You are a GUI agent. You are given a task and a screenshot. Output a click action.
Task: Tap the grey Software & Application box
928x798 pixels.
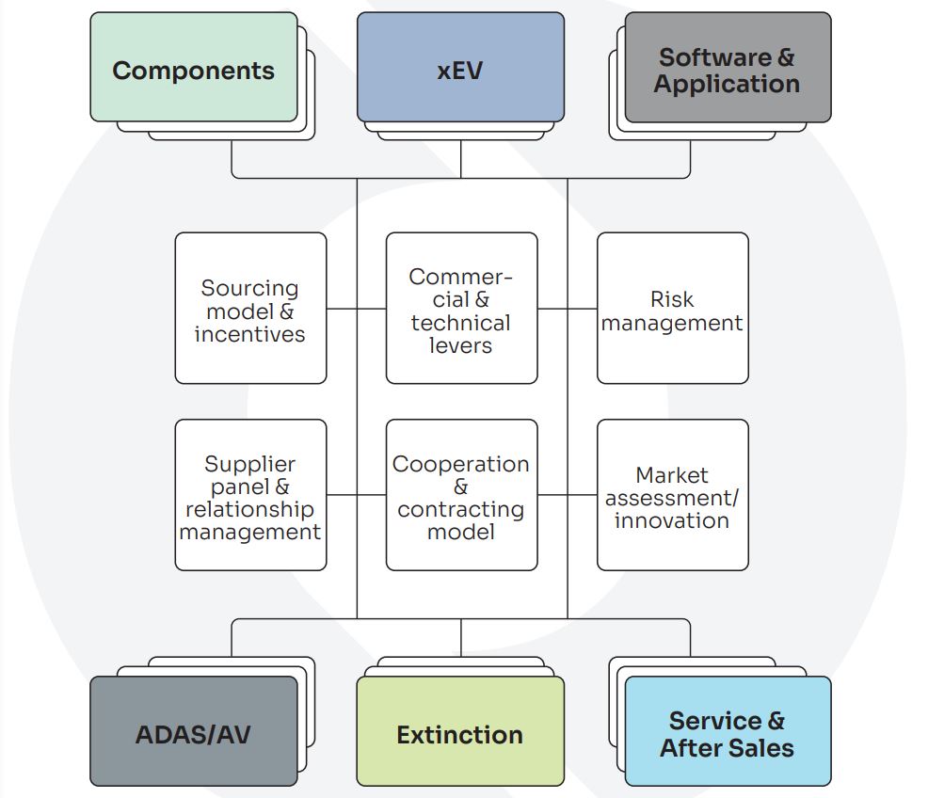pos(727,68)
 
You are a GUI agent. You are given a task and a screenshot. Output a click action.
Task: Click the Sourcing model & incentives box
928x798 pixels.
pos(250,309)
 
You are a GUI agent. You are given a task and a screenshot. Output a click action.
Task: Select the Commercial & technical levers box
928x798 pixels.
pos(461,309)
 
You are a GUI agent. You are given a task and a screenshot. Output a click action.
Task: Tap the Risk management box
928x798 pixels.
pos(672,309)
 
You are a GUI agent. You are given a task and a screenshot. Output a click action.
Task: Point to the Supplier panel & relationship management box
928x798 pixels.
pos(250,495)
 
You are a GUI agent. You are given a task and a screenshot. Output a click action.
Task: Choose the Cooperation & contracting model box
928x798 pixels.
pos(461,495)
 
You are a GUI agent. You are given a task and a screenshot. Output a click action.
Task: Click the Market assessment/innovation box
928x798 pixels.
pos(672,495)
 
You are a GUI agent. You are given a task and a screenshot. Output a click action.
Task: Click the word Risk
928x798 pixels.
pos(672,299)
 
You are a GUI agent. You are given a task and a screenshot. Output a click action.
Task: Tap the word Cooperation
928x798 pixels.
pos(461,464)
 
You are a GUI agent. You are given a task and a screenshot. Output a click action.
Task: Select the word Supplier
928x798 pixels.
pos(250,464)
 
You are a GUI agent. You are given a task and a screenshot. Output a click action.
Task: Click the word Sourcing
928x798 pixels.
pos(250,288)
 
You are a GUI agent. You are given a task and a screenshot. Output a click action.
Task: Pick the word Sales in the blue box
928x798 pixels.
pos(759,748)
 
